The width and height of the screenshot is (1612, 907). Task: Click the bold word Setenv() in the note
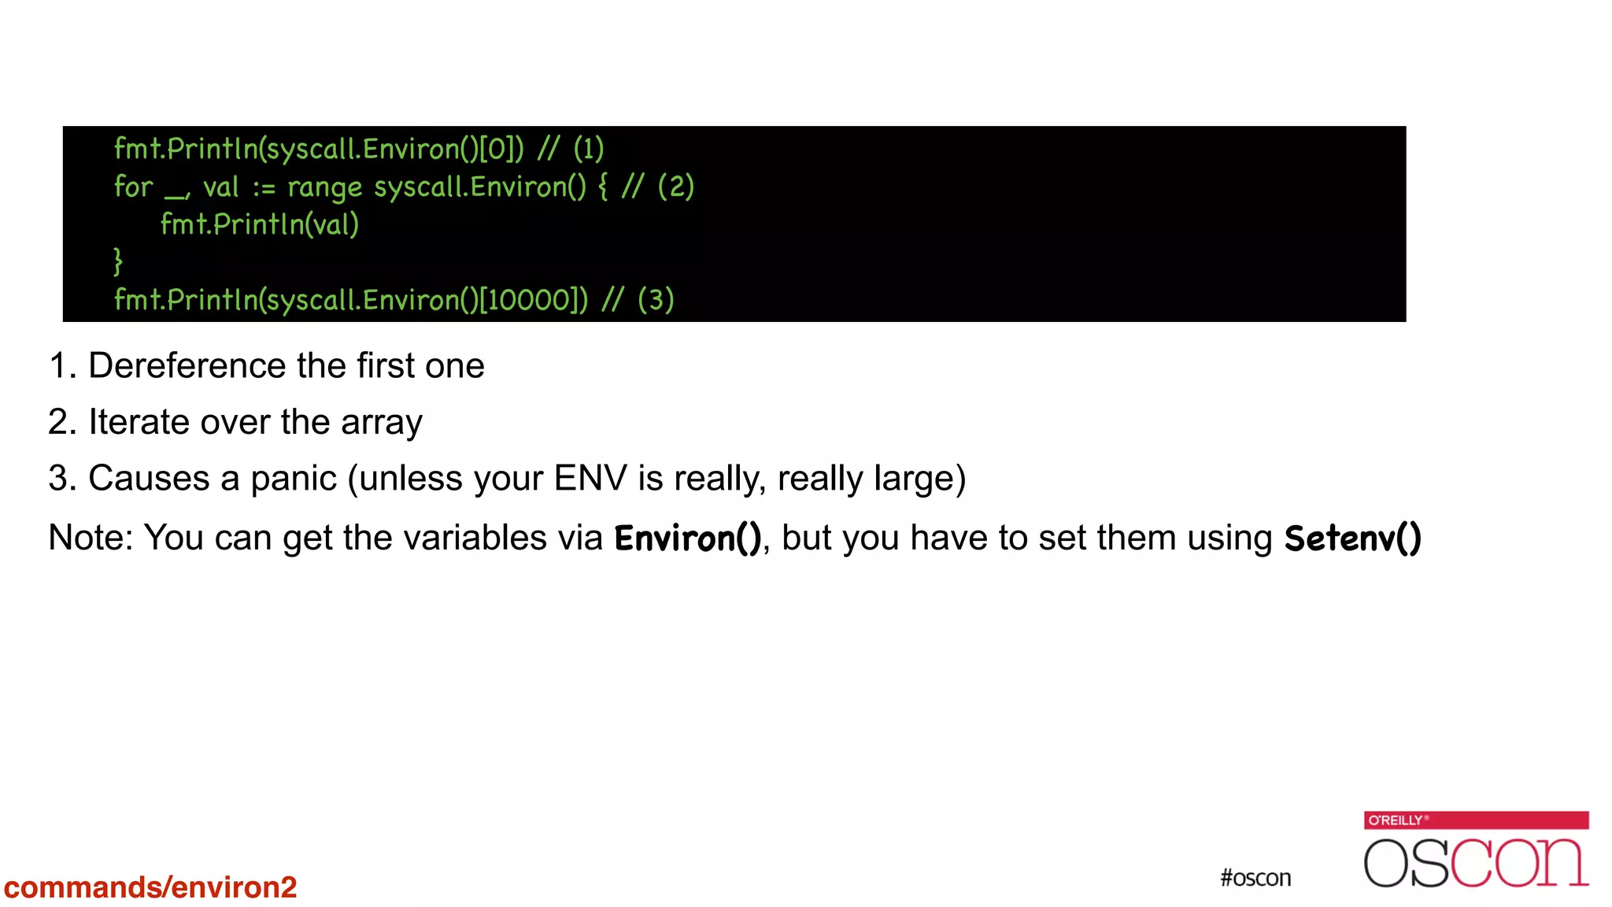click(1352, 539)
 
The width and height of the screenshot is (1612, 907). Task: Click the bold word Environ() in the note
click(687, 539)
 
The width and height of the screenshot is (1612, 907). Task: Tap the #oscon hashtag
click(1255, 878)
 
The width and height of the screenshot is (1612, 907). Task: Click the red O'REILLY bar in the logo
click(1476, 820)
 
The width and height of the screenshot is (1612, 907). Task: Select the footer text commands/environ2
click(150, 887)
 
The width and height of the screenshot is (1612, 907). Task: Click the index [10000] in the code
click(533, 300)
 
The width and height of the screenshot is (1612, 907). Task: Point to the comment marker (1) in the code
click(588, 149)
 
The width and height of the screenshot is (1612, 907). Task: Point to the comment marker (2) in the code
click(675, 187)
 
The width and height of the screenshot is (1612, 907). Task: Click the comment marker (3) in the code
click(656, 300)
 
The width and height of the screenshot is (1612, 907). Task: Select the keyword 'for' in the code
click(133, 187)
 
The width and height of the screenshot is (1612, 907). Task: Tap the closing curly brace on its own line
click(118, 261)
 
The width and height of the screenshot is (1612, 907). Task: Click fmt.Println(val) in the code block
click(260, 224)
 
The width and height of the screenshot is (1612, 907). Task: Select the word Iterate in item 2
click(139, 423)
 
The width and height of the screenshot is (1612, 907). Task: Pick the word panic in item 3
click(294, 479)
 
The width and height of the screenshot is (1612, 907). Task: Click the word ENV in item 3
click(590, 479)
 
